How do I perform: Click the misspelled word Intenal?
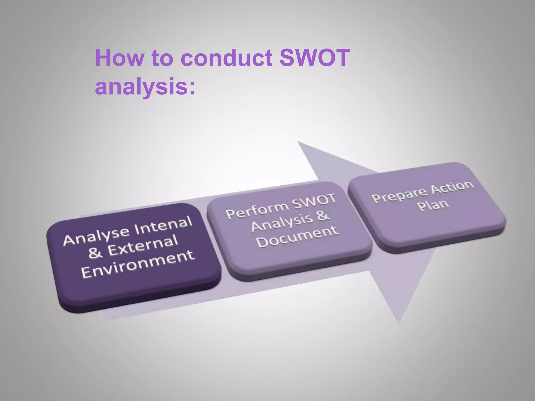[164, 226]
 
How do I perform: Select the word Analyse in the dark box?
[96, 237]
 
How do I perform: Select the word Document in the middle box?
[297, 237]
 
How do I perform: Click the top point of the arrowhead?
[298, 142]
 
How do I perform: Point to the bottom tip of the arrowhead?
[399, 323]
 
